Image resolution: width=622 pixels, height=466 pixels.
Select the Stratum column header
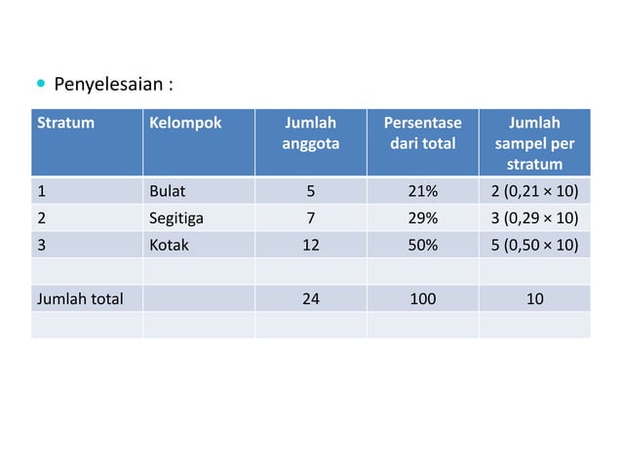click(x=59, y=124)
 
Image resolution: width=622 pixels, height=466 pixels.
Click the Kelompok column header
click(x=184, y=124)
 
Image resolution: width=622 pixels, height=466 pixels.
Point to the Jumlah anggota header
click(x=310, y=134)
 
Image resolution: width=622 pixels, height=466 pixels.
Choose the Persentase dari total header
click(x=422, y=134)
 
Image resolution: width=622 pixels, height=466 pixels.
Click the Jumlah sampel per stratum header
click(x=534, y=142)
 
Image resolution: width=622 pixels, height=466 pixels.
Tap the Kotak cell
click(x=169, y=246)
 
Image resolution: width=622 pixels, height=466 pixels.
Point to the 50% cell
click(x=422, y=246)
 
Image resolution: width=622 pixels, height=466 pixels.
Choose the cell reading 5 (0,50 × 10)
click(x=534, y=246)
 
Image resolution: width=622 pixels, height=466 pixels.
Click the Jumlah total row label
click(x=80, y=299)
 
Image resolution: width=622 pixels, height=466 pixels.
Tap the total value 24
click(x=310, y=299)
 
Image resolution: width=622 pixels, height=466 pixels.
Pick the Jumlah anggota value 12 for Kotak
click(x=310, y=246)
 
